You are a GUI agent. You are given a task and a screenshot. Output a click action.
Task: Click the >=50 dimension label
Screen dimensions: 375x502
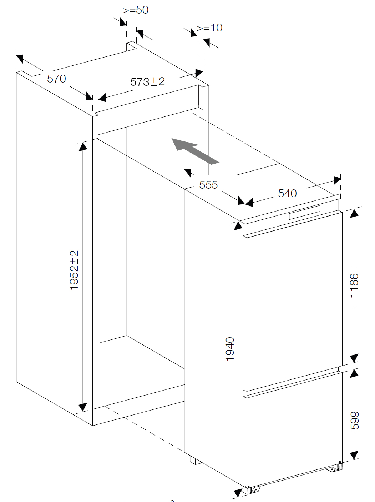136,10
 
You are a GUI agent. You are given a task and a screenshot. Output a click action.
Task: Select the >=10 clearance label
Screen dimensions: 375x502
209,28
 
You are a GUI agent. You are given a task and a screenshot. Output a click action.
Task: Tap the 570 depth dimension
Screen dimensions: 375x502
56,79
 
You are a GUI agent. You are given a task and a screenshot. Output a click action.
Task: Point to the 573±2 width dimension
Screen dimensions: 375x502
147,82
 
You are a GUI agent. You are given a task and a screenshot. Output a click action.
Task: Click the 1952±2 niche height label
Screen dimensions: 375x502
74,270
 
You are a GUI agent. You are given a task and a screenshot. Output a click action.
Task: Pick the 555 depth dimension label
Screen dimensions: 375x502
208,185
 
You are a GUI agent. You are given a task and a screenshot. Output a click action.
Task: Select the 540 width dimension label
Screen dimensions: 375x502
287,194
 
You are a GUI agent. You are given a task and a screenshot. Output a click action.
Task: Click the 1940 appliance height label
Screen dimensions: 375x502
230,349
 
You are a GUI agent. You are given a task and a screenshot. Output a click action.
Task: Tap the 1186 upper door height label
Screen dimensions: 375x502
354,285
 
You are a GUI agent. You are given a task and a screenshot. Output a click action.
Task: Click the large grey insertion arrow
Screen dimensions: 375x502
195,151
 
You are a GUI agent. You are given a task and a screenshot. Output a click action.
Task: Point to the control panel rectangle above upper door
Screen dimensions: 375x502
305,213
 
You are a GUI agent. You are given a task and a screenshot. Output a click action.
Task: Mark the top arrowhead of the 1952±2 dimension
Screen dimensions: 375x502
83,146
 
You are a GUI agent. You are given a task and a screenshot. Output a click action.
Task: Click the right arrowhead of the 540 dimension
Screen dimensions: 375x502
337,180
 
